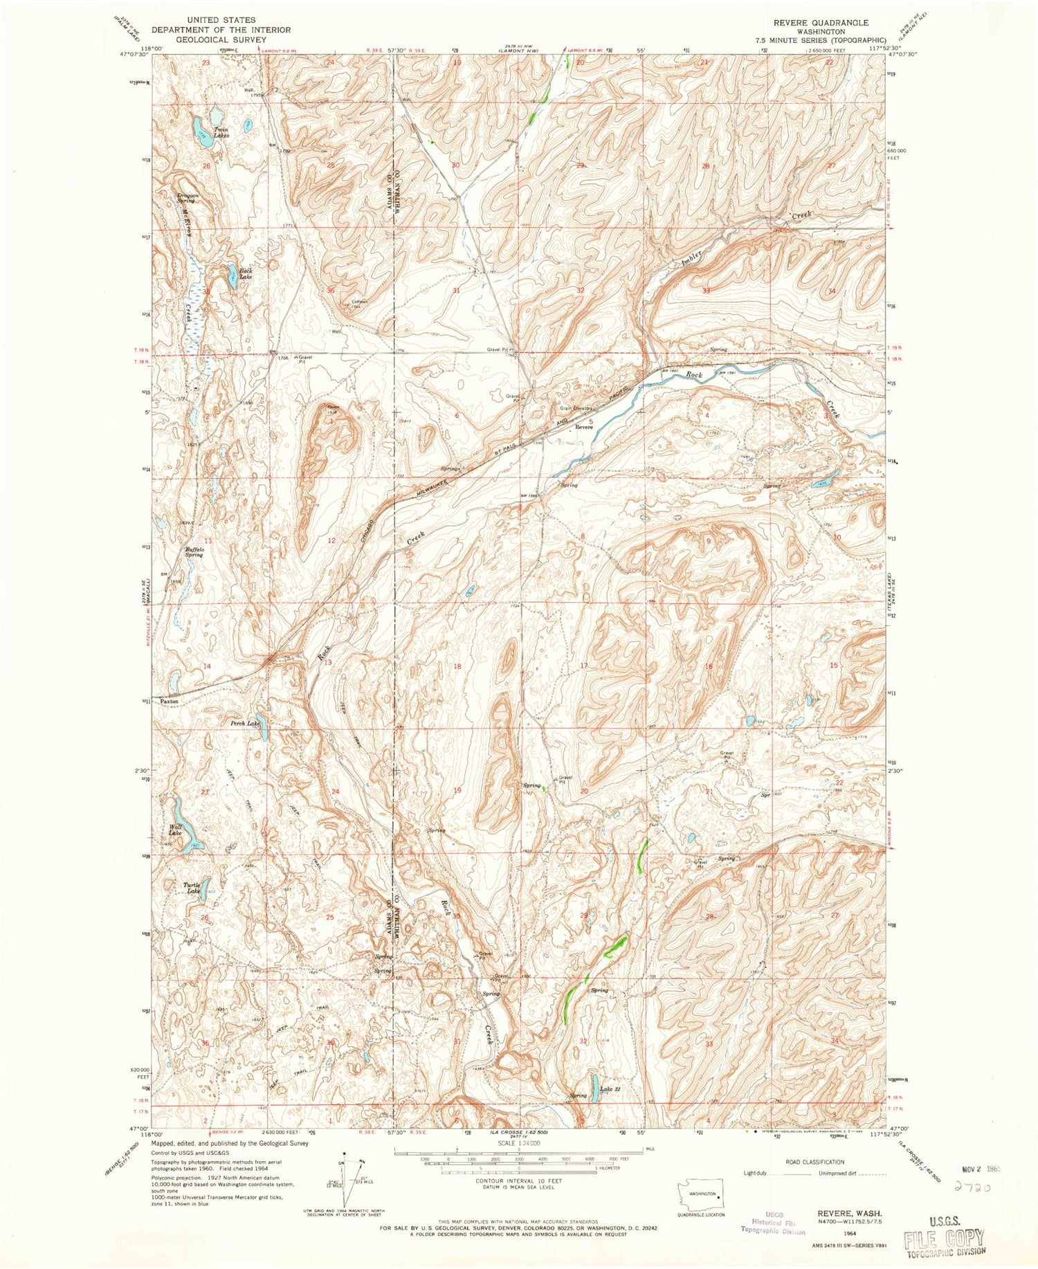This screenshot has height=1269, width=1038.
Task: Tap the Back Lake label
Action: (x=245, y=273)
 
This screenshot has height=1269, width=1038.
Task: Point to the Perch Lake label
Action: (x=245, y=723)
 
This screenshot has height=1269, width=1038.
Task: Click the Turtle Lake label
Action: (x=192, y=888)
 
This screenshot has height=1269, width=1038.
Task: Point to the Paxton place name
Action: (x=170, y=702)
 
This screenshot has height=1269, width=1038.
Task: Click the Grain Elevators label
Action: (x=569, y=409)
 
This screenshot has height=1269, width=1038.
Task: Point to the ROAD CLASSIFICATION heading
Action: (x=814, y=1162)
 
